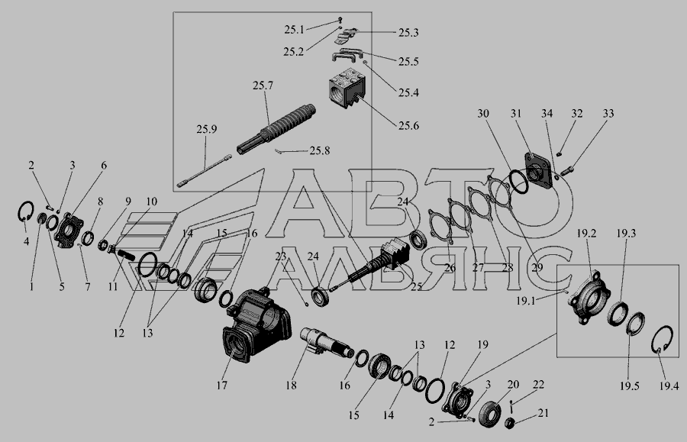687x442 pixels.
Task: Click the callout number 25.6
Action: [x=408, y=126]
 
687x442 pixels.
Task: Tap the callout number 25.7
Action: [x=263, y=85]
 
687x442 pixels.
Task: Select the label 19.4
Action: [x=669, y=386]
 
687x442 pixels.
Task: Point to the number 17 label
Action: [x=221, y=385]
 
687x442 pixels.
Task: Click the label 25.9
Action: [x=206, y=129]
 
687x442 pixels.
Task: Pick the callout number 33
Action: [x=608, y=114]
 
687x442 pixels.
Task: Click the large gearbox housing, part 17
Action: [x=256, y=324]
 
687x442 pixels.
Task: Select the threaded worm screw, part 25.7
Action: [x=276, y=129]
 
